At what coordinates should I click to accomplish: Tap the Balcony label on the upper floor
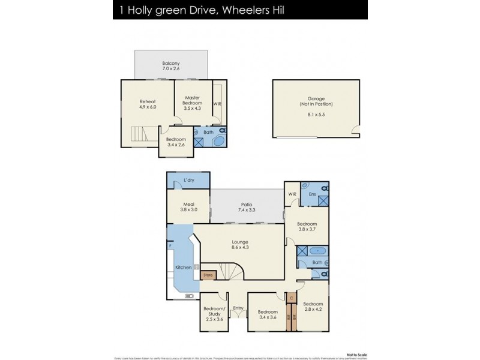(x=171, y=64)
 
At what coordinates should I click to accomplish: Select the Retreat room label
(x=148, y=101)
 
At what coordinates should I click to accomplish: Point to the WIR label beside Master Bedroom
(x=217, y=103)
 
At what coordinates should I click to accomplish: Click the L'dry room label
(x=189, y=180)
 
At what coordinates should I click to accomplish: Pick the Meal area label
(x=188, y=204)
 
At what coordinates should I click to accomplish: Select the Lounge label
(x=240, y=242)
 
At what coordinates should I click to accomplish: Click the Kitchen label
(x=183, y=267)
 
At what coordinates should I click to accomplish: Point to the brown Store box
(x=208, y=275)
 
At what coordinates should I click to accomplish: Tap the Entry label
(x=238, y=308)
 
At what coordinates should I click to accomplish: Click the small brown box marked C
(x=291, y=298)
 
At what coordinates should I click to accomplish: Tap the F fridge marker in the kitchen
(x=170, y=246)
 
